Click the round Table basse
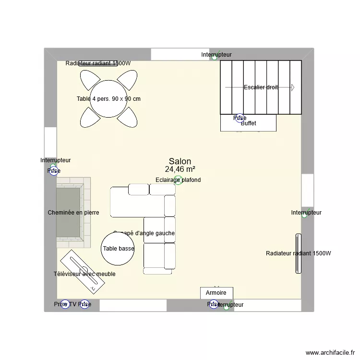[x=118, y=248]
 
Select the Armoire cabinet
[x=216, y=293]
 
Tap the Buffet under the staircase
[x=248, y=123]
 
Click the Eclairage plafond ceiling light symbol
[x=178, y=180]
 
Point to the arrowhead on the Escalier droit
[x=292, y=87]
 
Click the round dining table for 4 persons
[x=108, y=98]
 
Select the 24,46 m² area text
[x=180, y=169]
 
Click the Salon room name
[x=180, y=162]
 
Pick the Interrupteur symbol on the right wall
[x=304, y=216]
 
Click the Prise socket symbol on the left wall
[x=53, y=171]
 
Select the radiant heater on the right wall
[x=299, y=253]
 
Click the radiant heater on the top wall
[x=98, y=63]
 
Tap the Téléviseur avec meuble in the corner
[x=82, y=271]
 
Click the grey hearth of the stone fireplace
[x=68, y=213]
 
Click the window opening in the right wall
[x=307, y=190]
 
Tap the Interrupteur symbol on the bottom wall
[x=226, y=307]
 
